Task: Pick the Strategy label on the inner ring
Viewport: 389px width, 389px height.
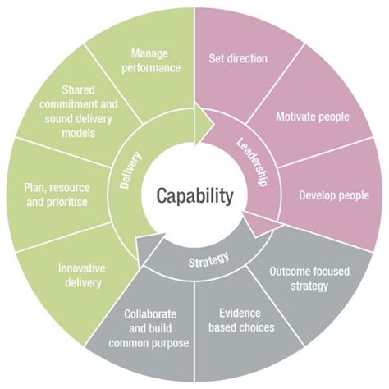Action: (208, 261)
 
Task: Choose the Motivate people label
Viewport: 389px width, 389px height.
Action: (312, 117)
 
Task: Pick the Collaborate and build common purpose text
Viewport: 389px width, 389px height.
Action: (155, 327)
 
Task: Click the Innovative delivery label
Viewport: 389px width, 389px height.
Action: (80, 275)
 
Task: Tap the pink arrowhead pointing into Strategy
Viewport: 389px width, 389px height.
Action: (253, 223)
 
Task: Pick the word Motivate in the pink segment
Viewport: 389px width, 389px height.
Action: (294, 117)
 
